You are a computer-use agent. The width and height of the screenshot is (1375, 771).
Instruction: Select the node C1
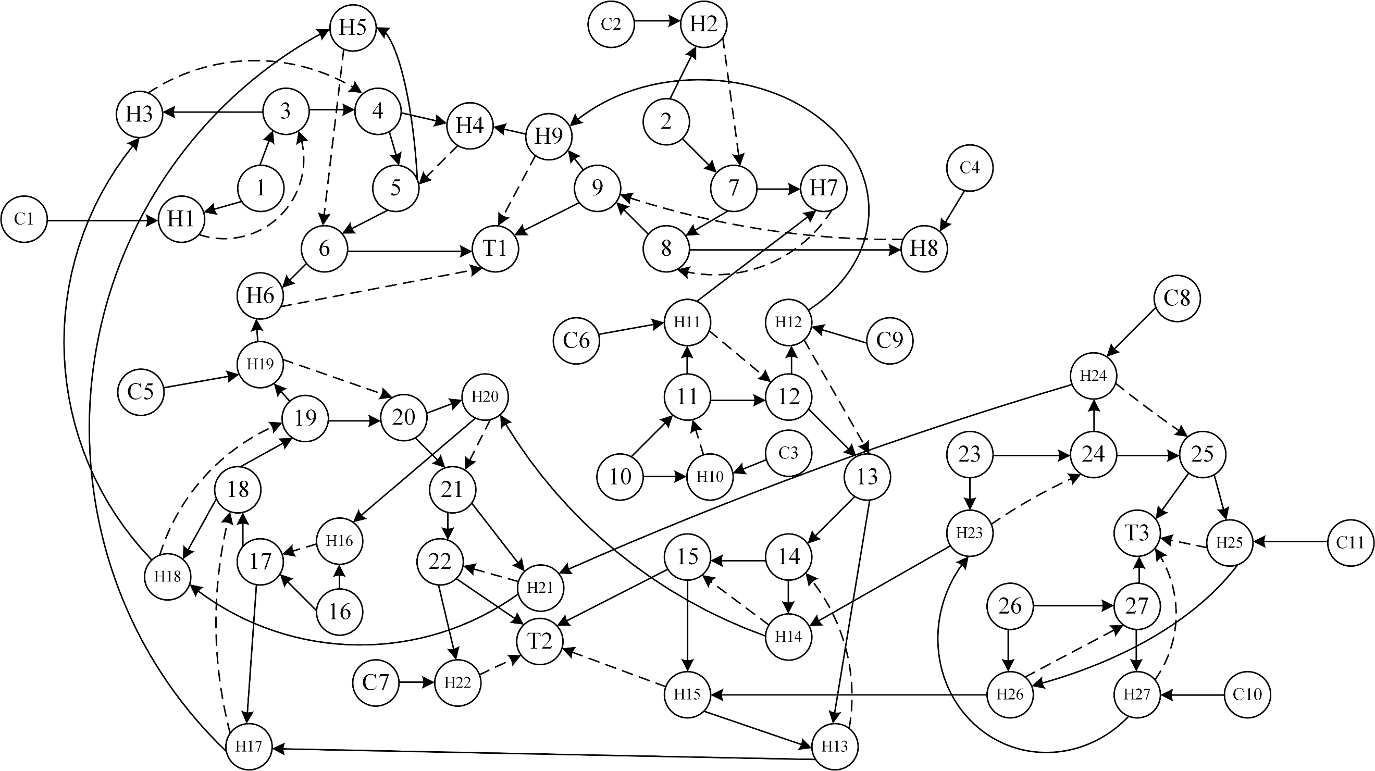coord(24,219)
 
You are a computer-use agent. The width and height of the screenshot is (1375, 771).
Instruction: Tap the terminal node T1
coord(496,248)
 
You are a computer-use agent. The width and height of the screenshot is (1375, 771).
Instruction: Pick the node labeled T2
coord(540,641)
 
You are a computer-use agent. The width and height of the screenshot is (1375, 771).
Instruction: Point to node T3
coord(1137,533)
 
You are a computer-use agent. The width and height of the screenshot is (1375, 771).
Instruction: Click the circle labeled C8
coord(1177,299)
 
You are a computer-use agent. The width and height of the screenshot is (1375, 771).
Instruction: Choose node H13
coord(835,746)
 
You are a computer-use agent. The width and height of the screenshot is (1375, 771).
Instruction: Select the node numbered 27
coord(1137,606)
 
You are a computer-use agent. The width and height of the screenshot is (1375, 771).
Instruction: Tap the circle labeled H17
coord(249,746)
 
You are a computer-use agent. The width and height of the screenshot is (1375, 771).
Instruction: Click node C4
coord(969,168)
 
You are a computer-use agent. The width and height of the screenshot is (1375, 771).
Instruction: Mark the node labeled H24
coord(1093,376)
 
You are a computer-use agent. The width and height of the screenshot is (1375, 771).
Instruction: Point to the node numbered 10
coord(620,477)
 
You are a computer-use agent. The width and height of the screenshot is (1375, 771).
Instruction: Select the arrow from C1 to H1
coord(102,219)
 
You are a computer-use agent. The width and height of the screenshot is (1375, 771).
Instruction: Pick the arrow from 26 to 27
coord(1073,606)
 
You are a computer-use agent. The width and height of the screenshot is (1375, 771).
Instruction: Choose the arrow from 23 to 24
coord(1031,455)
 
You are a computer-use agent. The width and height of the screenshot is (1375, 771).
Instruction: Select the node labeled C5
coord(141,392)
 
